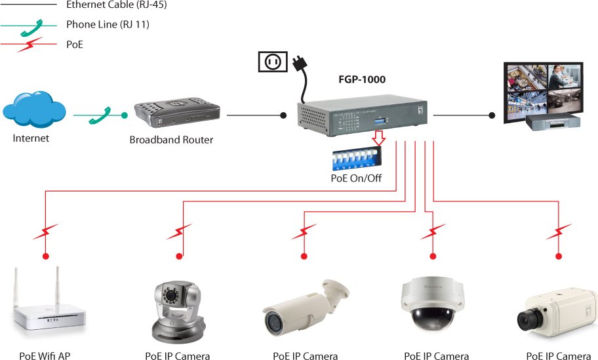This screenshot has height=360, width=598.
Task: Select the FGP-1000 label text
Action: point(361,79)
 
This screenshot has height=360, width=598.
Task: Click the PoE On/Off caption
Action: point(355,178)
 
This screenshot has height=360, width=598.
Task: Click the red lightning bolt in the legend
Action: point(31,45)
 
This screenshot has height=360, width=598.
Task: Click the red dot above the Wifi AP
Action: point(46,256)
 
